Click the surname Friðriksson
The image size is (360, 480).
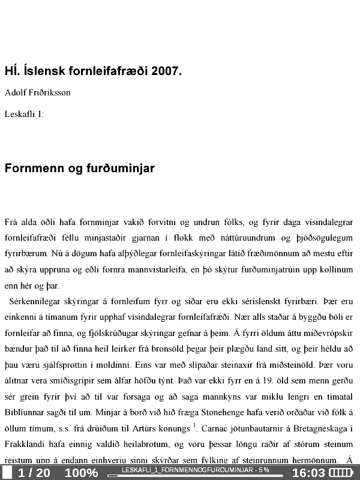point(49,93)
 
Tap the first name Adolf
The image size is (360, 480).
point(16,93)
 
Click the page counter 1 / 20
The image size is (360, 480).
point(34,473)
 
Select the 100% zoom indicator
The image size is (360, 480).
point(81,473)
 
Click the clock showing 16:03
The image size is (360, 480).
point(308,473)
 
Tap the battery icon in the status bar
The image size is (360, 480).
point(343,473)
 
